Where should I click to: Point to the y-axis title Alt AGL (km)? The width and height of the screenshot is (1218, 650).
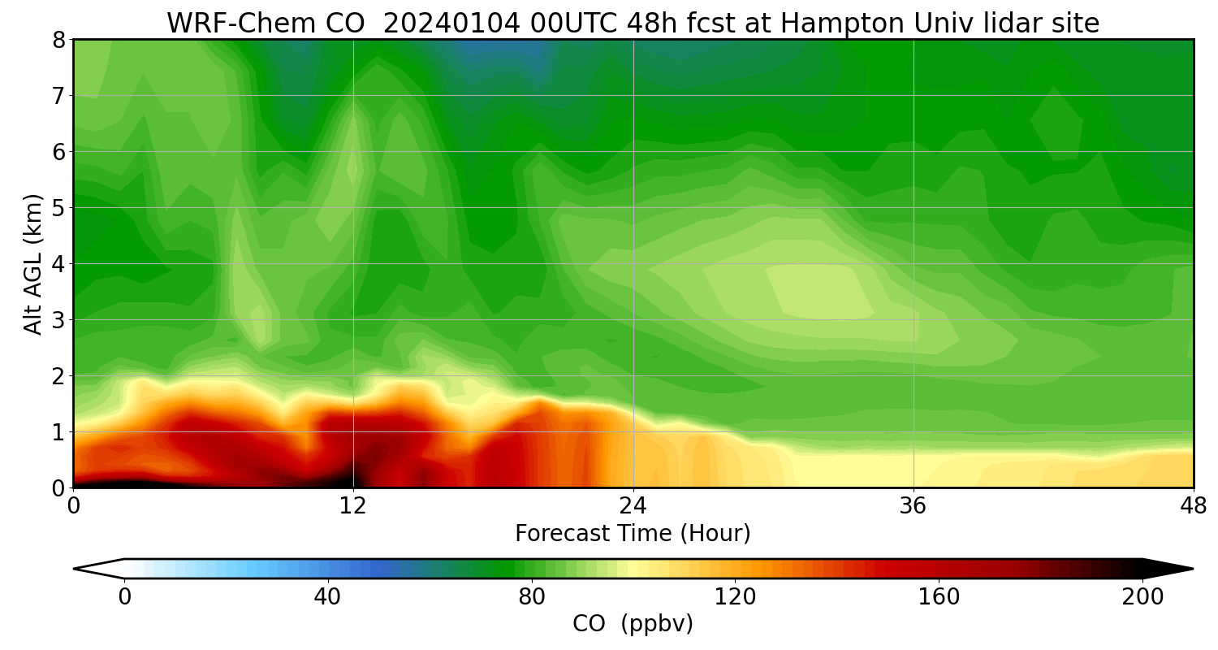coord(33,263)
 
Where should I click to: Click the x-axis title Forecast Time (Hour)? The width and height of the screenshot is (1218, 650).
coord(633,534)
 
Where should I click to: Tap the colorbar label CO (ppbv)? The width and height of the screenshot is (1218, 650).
coord(633,624)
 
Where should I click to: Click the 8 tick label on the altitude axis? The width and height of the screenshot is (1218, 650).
coord(58,40)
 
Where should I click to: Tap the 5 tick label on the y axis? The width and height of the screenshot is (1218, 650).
coord(58,208)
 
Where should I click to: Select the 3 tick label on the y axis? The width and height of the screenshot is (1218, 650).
coord(58,320)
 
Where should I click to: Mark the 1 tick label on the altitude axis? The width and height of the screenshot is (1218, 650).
coord(58,432)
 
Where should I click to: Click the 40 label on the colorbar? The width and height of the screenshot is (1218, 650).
coord(327,597)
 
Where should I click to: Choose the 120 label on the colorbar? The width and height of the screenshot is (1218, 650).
coord(735,597)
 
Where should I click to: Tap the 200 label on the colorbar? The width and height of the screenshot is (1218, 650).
coord(1142,597)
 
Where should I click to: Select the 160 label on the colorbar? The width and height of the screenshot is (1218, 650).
coord(939,597)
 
